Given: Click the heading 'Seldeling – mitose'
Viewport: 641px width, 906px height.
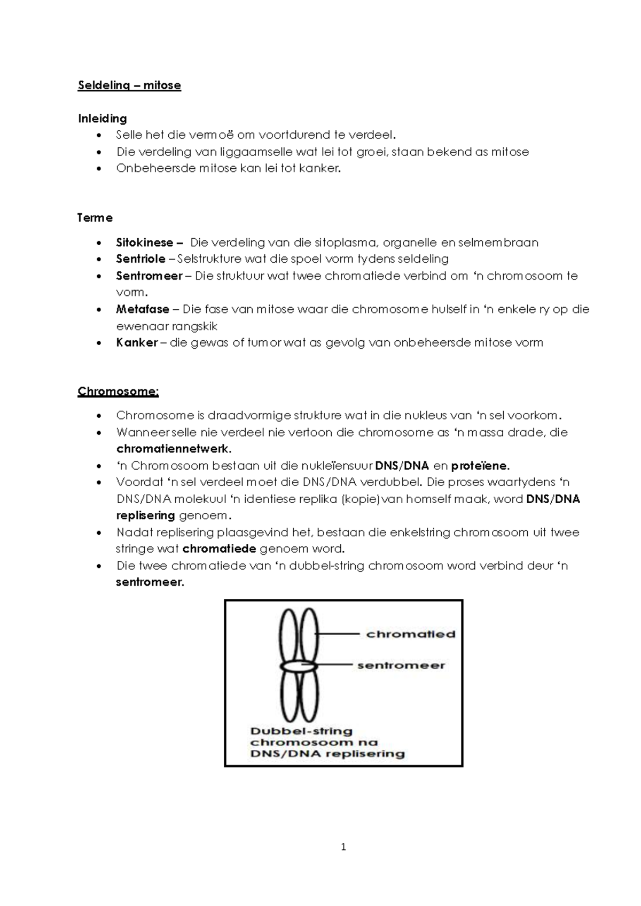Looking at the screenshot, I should pos(129,85).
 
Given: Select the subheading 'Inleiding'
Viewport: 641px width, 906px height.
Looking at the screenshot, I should pos(102,119).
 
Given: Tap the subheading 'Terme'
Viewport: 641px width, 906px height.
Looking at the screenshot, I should pos(95,218).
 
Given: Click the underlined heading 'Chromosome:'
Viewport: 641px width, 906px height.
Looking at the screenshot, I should pos(118,392).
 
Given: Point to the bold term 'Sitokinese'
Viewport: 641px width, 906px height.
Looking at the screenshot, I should pos(144,243).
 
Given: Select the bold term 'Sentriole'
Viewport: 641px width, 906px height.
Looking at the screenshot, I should pos(140,259).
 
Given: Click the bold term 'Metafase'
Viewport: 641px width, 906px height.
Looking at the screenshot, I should pos(142,309).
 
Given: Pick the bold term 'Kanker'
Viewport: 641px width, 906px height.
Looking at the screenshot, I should pos(137,343).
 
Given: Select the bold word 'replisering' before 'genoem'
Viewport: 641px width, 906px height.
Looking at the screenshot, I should pos(145,516).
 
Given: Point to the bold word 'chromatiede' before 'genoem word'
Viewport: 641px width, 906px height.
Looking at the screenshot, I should pos(220,549).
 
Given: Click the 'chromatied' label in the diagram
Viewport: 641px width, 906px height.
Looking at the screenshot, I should pos(410,635).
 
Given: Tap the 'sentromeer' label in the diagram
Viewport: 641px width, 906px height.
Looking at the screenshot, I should pos(401,666).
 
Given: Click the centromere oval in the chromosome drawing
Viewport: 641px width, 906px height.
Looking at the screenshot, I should pos(299,667).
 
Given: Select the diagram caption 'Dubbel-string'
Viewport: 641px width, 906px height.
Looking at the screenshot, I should pos(301,731).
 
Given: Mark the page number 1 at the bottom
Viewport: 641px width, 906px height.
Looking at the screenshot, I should pos(343,847).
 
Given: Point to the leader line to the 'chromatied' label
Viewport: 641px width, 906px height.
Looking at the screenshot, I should pos(338,634).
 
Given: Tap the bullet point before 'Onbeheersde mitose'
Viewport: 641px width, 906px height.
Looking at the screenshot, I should pos(98,169).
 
